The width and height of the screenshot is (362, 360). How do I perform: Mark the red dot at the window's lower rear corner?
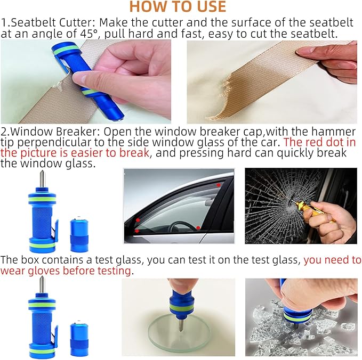[x=198, y=228]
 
